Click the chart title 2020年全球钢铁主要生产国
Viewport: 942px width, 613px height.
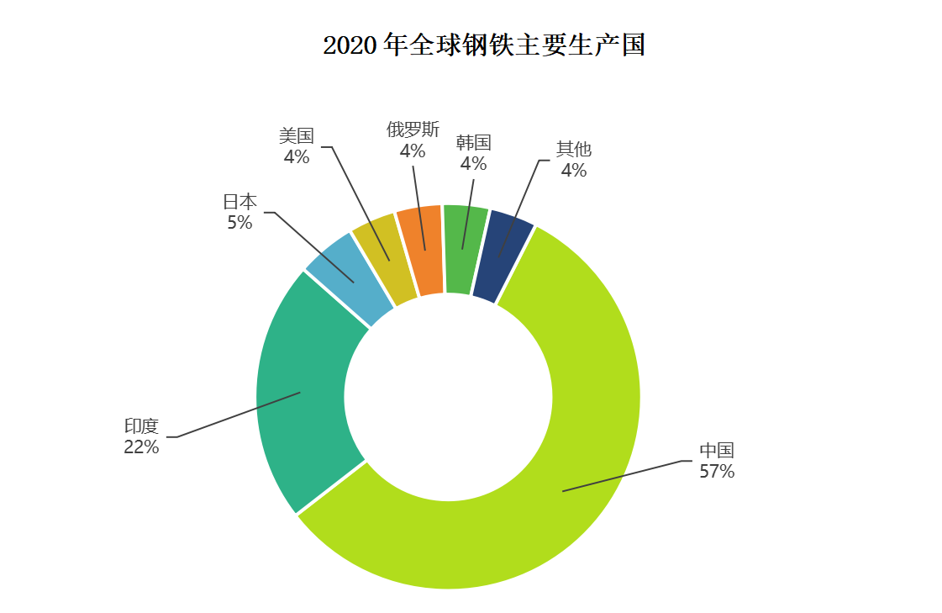pyautogui.click(x=484, y=45)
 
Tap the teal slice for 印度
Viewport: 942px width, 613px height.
pyautogui.click(x=303, y=395)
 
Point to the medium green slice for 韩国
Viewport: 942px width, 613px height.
pyautogui.click(x=464, y=250)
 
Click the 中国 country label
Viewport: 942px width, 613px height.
pyautogui.click(x=717, y=451)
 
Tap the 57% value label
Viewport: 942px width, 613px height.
pyautogui.click(x=717, y=472)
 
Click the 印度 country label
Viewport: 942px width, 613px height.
pyautogui.click(x=141, y=426)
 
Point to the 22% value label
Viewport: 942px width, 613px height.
pyautogui.click(x=141, y=447)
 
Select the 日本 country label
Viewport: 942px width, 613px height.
pyautogui.click(x=239, y=202)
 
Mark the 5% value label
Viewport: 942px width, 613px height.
pyautogui.click(x=239, y=223)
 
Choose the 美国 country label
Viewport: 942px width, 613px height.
pyautogui.click(x=297, y=136)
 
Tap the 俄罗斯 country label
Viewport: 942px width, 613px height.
pyautogui.click(x=413, y=130)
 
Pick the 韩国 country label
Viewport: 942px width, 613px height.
pyautogui.click(x=473, y=143)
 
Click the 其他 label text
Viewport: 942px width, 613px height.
pyautogui.click(x=574, y=150)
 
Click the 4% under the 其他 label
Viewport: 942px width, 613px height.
pyautogui.click(x=574, y=171)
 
